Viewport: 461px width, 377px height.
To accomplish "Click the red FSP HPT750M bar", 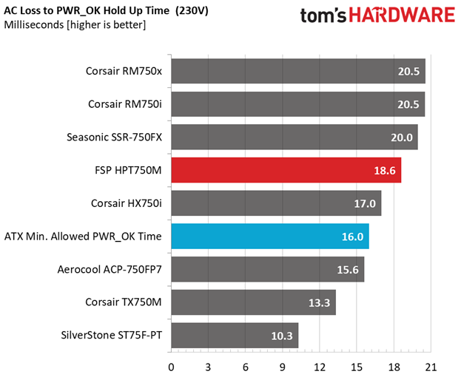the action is tap(286, 170).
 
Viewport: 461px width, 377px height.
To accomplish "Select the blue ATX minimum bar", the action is tap(270, 236).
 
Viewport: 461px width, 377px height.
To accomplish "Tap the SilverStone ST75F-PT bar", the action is tap(235, 336).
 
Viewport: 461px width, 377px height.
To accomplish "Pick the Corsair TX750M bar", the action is tap(253, 302).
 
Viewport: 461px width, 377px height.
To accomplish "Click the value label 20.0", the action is tap(402, 137).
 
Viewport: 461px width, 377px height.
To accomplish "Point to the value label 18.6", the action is tap(385, 171).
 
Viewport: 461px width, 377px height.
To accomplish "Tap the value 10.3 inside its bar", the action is tap(282, 336).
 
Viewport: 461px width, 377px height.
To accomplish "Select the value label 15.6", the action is tap(348, 270).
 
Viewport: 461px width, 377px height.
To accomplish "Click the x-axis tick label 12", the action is tap(319, 367).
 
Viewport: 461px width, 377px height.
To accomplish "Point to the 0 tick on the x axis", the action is tap(171, 367).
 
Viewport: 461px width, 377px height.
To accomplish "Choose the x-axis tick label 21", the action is tap(431, 367).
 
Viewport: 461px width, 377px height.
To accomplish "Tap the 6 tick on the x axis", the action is tap(245, 367).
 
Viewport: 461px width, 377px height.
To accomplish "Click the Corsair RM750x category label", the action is tap(124, 71).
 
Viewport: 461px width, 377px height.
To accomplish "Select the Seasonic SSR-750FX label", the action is tap(115, 137).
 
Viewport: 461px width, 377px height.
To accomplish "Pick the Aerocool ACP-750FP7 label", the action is tap(110, 269).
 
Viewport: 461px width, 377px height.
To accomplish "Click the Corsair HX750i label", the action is tap(127, 203).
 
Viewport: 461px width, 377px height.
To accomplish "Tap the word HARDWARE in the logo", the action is tap(402, 16).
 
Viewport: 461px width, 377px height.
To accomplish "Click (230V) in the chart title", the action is tap(192, 11).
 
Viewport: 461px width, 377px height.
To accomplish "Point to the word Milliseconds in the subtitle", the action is tap(34, 24).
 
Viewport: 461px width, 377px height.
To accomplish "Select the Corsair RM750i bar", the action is tap(297, 104).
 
